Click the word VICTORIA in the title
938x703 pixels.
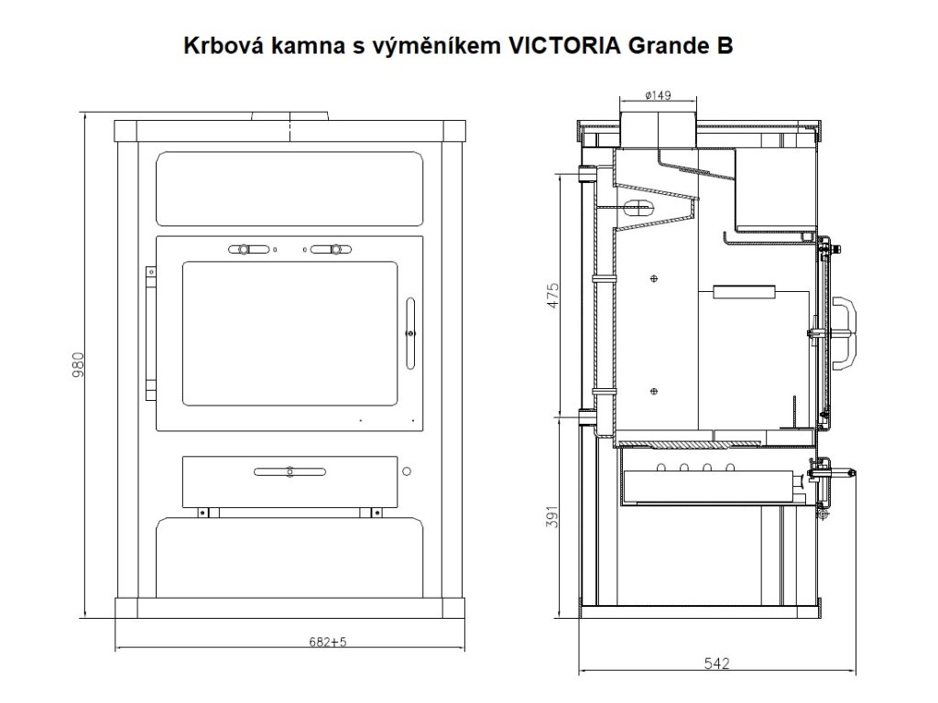click(x=564, y=46)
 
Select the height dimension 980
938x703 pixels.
click(x=79, y=365)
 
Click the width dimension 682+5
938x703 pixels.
click(x=328, y=642)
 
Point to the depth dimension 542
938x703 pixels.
click(x=716, y=664)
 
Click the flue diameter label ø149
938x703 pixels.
click(x=658, y=95)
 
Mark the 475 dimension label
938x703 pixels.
click(x=552, y=296)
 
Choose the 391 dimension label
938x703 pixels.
click(x=552, y=516)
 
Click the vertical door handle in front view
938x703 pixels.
click(x=409, y=333)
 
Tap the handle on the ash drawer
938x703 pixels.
click(x=290, y=471)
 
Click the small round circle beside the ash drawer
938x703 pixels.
click(x=407, y=471)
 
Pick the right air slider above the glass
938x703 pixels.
click(x=331, y=249)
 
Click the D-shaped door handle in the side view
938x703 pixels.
click(x=844, y=333)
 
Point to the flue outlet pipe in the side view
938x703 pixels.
click(x=658, y=130)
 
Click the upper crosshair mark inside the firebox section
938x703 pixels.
click(x=654, y=278)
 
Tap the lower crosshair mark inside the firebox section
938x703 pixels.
click(x=654, y=392)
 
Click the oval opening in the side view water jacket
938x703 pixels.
click(x=638, y=208)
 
